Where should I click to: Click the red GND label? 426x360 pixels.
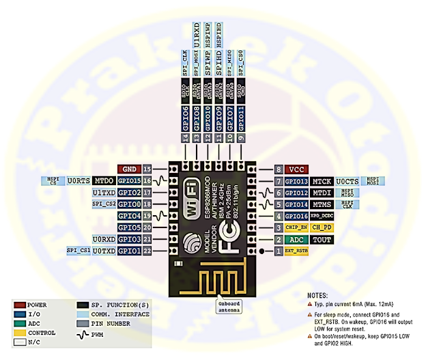pyautogui.click(x=128, y=169)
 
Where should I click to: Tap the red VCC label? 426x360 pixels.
pyautogui.click(x=296, y=169)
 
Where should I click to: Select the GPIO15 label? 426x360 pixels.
pyautogui.click(x=128, y=181)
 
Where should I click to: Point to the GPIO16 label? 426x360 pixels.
pyautogui.click(x=297, y=215)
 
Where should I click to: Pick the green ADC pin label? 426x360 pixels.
pyautogui.click(x=296, y=239)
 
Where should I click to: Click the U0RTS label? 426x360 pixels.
pyautogui.click(x=78, y=181)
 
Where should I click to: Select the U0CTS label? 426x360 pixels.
pyautogui.click(x=353, y=181)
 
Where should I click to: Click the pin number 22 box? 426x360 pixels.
pyautogui.click(x=147, y=251)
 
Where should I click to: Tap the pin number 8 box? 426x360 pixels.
pyautogui.click(x=278, y=169)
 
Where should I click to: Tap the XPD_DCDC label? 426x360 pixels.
pyautogui.click(x=325, y=215)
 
